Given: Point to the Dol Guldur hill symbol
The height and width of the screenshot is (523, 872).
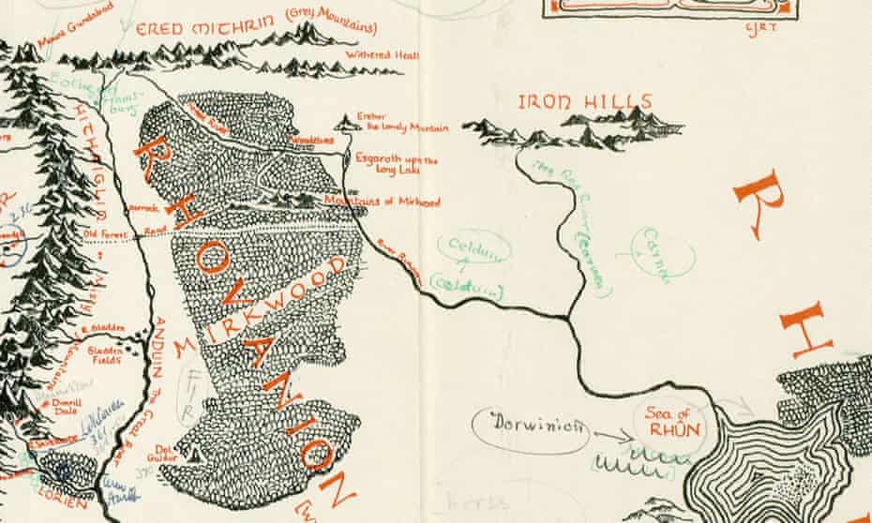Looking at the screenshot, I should click(x=193, y=454).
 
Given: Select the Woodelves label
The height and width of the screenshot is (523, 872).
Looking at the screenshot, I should click(x=313, y=139).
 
